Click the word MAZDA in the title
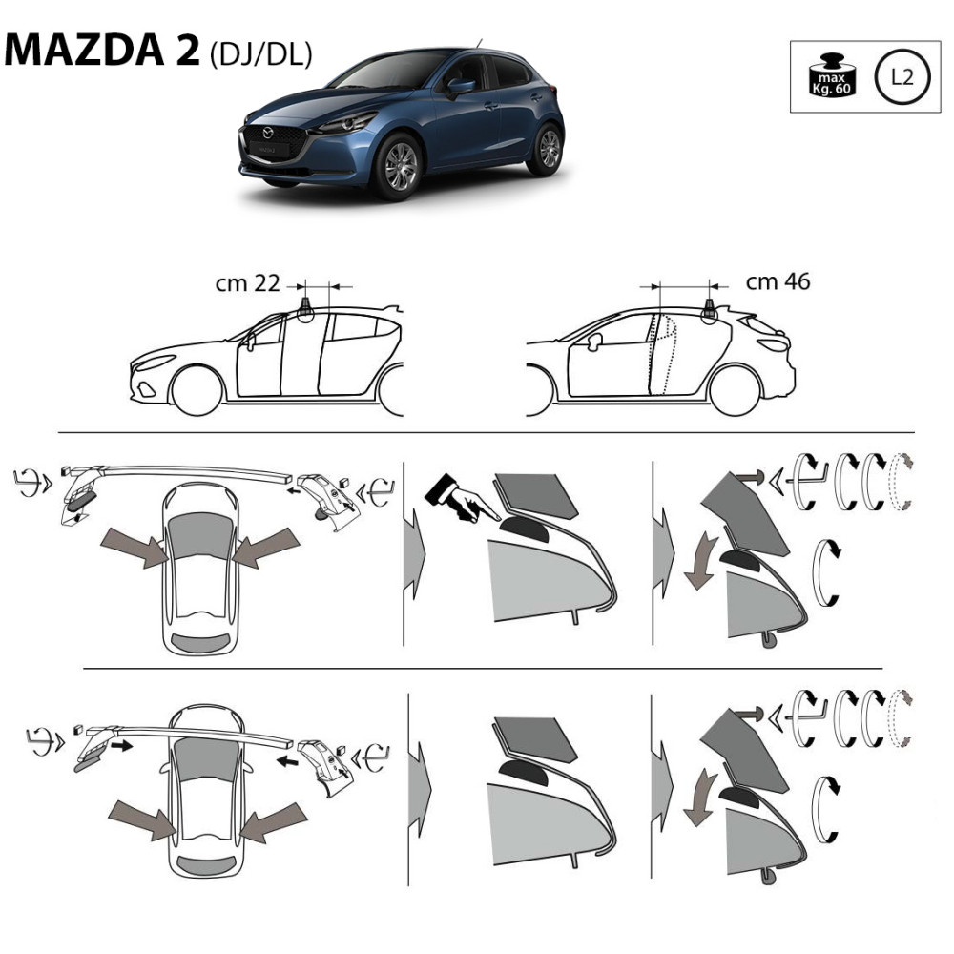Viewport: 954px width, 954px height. click(x=84, y=49)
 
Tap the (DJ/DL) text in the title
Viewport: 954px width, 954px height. click(x=261, y=54)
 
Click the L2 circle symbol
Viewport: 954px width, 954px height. click(x=902, y=77)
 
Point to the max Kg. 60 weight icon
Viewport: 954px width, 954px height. click(x=831, y=74)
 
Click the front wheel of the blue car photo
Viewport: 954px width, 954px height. click(x=399, y=167)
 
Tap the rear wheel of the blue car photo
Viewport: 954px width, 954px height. click(x=547, y=149)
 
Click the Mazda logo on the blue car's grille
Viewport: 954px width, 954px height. click(x=268, y=133)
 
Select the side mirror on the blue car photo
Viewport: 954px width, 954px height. click(x=460, y=87)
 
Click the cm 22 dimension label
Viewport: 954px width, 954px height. click(x=248, y=283)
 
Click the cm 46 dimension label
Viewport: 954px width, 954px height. click(x=778, y=281)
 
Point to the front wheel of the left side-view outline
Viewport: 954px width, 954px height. click(x=197, y=390)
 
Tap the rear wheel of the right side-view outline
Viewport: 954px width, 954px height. click(x=735, y=390)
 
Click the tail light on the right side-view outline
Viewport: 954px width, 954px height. click(x=775, y=344)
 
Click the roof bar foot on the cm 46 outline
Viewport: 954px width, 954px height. click(x=709, y=311)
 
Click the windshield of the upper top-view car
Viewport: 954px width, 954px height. click(x=199, y=536)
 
